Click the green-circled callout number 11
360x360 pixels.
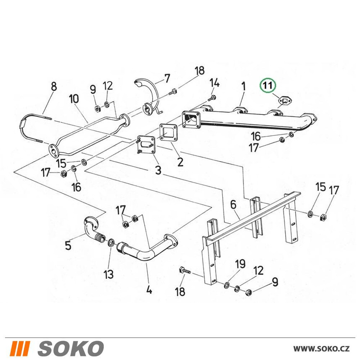pos(268,85)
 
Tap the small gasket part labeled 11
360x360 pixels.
pos(285,100)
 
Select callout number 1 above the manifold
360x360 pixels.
pos(243,86)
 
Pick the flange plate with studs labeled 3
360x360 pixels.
pos(146,145)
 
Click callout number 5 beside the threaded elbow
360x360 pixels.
pos(68,246)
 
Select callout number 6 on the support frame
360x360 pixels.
pos(233,204)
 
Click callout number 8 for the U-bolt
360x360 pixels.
pos(54,86)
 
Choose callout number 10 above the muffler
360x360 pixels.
pos(74,99)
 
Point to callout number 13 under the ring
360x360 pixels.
pos(108,274)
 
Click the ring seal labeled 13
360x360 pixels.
pos(112,242)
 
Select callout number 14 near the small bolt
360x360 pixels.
pos(215,83)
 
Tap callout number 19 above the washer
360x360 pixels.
pos(240,264)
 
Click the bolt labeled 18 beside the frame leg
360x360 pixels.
pos(185,271)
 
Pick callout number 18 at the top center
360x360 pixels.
pos(200,71)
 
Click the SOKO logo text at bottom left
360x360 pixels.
pos(71,348)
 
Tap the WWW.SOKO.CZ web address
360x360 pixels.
pos(321,349)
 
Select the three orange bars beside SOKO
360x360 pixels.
pos(21,348)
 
